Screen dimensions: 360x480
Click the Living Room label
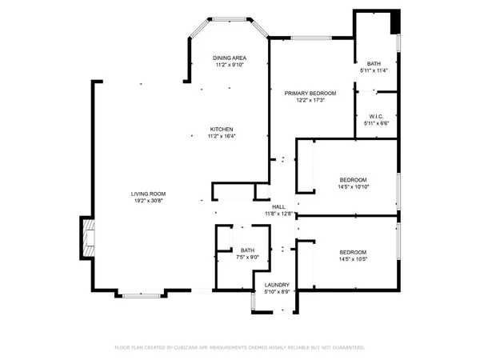149,193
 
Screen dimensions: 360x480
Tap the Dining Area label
230,58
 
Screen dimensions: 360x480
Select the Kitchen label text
222,129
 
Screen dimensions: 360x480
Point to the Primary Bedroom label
310,93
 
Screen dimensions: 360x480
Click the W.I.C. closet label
375,116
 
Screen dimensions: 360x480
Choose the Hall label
279,206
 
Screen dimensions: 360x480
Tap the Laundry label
277,285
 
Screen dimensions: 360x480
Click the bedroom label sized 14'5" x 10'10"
353,179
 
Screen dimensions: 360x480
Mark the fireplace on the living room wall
86,238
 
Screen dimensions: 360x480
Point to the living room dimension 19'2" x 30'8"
149,201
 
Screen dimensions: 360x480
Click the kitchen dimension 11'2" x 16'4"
222,136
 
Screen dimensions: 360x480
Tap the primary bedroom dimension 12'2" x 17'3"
310,101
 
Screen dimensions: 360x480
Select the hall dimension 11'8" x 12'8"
279,214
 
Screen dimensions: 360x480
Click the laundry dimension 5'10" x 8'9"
277,292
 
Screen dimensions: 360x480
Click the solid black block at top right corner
394,22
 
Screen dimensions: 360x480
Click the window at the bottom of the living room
144,295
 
